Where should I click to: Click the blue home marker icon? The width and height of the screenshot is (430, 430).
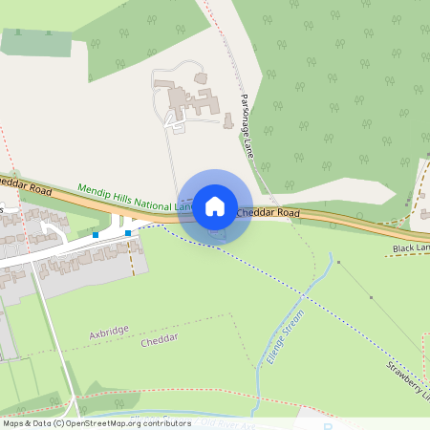(215, 205)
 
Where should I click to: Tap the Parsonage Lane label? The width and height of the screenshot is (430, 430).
(247, 125)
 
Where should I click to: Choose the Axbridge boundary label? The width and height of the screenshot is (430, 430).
(109, 333)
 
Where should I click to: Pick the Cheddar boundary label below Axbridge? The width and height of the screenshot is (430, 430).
(160, 341)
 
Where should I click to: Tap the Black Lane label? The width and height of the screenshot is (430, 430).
(411, 247)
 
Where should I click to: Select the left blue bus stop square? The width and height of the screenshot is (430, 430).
(97, 234)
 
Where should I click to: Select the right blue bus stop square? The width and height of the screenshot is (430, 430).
(128, 231)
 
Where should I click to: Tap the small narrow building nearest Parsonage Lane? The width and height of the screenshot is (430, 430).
(228, 121)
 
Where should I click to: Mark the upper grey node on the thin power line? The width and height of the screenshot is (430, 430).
(338, 262)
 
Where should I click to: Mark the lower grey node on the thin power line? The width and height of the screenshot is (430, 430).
(371, 297)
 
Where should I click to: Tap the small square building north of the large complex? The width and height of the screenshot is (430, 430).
(201, 77)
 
